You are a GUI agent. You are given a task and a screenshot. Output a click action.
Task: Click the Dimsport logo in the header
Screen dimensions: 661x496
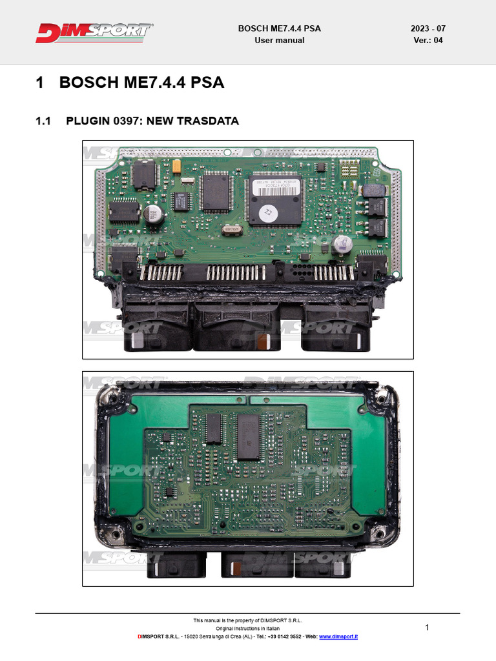pyautogui.click(x=94, y=33)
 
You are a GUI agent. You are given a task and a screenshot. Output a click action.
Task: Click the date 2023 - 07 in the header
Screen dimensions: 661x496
pyautogui.click(x=428, y=28)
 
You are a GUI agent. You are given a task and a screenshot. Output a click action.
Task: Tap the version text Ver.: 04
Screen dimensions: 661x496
pyautogui.click(x=428, y=40)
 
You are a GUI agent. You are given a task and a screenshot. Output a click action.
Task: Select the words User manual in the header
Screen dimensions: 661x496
pyautogui.click(x=280, y=40)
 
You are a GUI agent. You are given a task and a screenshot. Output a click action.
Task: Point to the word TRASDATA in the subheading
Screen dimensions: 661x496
pyautogui.click(x=210, y=121)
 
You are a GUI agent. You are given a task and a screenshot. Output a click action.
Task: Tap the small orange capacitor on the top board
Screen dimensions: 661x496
pyautogui.click(x=176, y=166)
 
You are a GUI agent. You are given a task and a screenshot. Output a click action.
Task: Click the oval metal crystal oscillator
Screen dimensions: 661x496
pyautogui.click(x=234, y=228)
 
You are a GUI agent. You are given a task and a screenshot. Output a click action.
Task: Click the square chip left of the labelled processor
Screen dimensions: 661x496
pyautogui.click(x=216, y=192)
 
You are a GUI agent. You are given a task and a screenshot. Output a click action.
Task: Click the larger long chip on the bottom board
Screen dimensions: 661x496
pyautogui.click(x=248, y=437)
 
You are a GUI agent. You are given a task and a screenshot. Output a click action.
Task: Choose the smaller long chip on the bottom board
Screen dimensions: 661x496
pyautogui.click(x=213, y=429)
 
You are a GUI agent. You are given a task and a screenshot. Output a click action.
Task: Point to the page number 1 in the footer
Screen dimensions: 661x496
pyautogui.click(x=427, y=627)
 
